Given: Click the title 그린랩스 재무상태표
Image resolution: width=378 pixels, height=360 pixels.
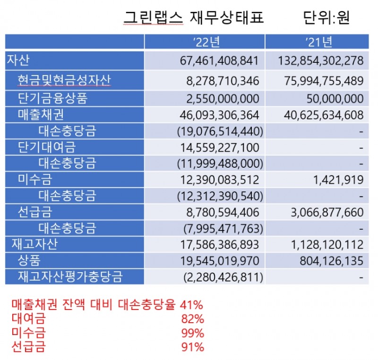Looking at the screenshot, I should pyautogui.click(x=193, y=17).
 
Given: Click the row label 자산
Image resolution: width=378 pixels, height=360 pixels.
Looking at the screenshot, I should pyautogui.click(x=18, y=60).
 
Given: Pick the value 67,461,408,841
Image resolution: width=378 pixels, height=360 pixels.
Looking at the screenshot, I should pyautogui.click(x=220, y=61).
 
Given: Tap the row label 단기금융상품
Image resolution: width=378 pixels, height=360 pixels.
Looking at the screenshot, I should pyautogui.click(x=52, y=98).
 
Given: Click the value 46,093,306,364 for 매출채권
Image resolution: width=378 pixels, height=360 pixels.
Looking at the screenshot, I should pyautogui.click(x=220, y=115).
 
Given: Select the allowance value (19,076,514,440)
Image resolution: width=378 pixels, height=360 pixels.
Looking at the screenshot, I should pyautogui.click(x=220, y=131).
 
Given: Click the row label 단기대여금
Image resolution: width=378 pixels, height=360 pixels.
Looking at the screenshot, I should pyautogui.click(x=46, y=147).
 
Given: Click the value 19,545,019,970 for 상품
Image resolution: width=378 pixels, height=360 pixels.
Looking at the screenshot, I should pyautogui.click(x=220, y=261).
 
